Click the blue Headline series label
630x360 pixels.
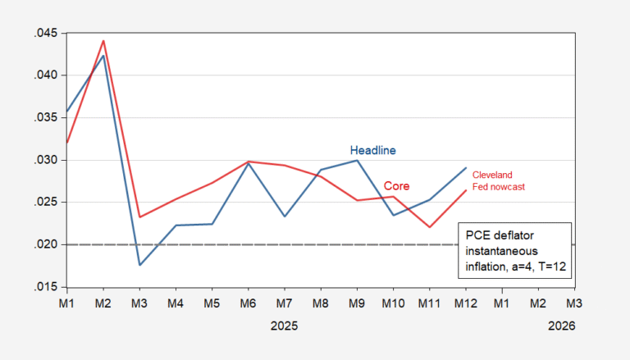click(373, 150)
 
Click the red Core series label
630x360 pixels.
click(397, 186)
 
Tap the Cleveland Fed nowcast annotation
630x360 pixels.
click(498, 180)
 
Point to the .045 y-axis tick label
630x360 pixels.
click(46, 34)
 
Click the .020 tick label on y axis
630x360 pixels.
click(46, 244)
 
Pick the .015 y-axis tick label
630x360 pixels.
click(46, 287)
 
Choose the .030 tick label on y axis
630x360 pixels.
click(46, 160)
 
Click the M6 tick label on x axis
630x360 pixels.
click(248, 303)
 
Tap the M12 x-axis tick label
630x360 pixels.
click(465, 303)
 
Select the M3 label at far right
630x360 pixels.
click(574, 303)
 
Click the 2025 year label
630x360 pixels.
click(285, 326)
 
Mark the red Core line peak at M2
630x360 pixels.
click(103, 40)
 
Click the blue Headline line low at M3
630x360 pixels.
click(139, 265)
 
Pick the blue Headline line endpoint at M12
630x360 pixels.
click(465, 168)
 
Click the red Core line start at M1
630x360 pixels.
click(67, 143)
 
